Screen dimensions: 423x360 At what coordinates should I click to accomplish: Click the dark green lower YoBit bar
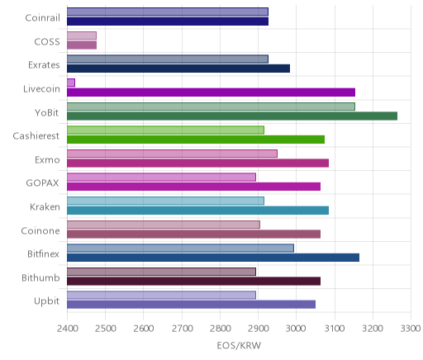point(232,116)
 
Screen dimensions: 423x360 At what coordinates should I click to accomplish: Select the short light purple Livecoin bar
point(71,83)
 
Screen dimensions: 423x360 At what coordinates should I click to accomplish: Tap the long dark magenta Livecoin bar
point(211,92)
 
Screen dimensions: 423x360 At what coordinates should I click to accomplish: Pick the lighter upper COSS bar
point(82,36)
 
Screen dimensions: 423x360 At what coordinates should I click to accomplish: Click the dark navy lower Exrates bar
point(178,69)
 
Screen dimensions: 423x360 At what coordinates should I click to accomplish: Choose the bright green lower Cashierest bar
point(196,140)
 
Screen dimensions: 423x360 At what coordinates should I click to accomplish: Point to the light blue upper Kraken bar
point(165,201)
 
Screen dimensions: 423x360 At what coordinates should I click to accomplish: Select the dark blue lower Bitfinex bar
point(213,258)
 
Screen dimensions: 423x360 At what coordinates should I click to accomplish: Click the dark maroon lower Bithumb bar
point(193,282)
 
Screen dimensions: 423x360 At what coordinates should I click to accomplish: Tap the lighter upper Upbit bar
point(161,295)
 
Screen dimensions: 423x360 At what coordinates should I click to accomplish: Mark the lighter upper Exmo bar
point(172,154)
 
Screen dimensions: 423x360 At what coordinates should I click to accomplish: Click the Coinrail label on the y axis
point(42,18)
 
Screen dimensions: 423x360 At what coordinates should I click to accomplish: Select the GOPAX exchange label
point(42,183)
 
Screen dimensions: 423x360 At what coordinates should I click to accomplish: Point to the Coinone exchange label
point(40,230)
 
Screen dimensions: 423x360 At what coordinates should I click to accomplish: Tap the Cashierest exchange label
point(36,136)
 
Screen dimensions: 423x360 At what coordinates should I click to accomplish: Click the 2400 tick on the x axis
point(67,329)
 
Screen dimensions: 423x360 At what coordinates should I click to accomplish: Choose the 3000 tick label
point(296,329)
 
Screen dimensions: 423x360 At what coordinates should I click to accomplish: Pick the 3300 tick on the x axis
point(411,329)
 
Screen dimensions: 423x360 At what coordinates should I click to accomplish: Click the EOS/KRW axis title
point(239,345)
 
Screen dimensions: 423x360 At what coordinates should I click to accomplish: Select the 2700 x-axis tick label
point(182,329)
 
